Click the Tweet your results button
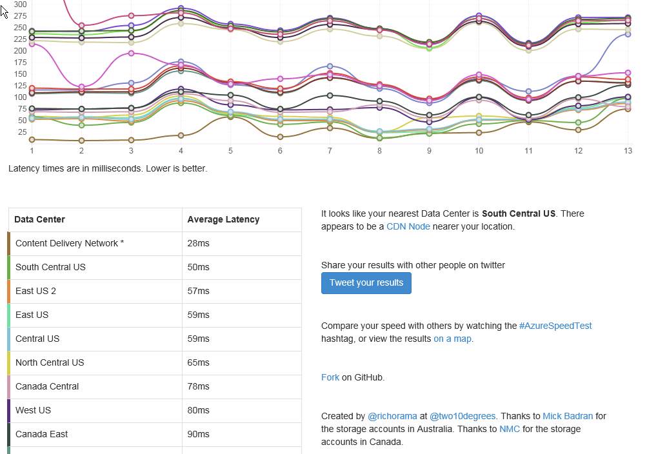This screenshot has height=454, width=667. click(x=366, y=283)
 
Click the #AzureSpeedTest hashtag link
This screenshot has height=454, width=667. click(x=555, y=326)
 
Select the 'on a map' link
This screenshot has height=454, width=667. click(x=452, y=339)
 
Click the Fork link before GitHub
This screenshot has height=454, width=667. click(x=330, y=377)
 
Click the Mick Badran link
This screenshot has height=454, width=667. click(x=567, y=416)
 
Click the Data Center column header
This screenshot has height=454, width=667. click(x=39, y=219)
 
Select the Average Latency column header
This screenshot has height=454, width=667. click(x=223, y=219)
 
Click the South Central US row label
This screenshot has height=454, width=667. click(x=50, y=267)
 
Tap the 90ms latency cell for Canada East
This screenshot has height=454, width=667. click(x=198, y=434)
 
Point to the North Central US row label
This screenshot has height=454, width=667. click(x=50, y=362)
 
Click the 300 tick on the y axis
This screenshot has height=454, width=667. click(x=20, y=5)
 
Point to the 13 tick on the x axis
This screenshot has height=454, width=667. click(x=628, y=150)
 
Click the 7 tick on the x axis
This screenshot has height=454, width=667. click(x=330, y=150)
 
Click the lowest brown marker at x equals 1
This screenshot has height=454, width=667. click(x=32, y=139)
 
